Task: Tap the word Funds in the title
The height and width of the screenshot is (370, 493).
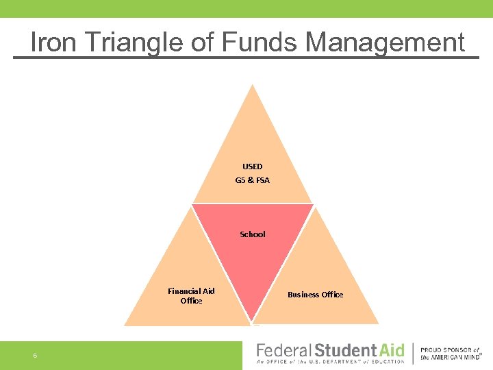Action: (260, 42)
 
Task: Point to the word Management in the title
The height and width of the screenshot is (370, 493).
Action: (385, 42)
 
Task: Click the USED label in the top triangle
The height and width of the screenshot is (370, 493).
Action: (252, 166)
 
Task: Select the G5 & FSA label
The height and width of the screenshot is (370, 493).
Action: (252, 180)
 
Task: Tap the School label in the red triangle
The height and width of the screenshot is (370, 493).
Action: (252, 234)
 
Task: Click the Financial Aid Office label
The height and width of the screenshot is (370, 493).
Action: (191, 296)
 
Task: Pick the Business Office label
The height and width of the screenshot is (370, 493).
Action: (315, 295)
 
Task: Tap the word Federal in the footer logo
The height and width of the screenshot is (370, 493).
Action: (283, 351)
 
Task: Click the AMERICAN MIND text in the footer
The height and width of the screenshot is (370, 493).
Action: (455, 357)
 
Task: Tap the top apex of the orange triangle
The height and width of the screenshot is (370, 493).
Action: (253, 86)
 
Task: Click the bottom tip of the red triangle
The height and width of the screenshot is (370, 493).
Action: (253, 321)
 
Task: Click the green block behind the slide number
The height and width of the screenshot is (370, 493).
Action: (123, 356)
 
